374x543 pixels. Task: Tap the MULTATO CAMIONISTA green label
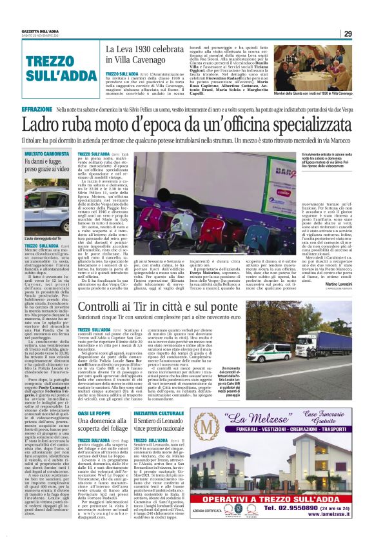click(x=46, y=154)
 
